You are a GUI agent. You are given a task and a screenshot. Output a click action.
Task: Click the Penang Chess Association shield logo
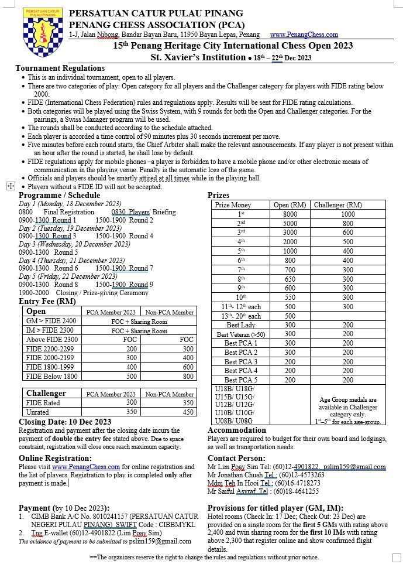[x=34, y=33]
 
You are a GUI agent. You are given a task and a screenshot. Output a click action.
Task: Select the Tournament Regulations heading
[x=60, y=69]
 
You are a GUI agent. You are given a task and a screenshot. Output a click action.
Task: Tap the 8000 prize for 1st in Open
[x=290, y=214]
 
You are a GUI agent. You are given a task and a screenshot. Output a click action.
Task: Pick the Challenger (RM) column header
[x=337, y=205]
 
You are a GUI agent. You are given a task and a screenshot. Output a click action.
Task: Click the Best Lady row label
[x=240, y=325]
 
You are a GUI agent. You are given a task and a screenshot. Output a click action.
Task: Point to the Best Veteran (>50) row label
[x=240, y=334]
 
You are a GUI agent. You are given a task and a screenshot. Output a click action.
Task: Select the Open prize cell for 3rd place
[x=290, y=233]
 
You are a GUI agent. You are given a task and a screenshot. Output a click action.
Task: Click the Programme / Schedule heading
[x=59, y=195]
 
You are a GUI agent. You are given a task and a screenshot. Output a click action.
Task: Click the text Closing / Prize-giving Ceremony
[x=102, y=292]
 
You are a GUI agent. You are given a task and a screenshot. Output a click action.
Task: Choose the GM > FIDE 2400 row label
[x=51, y=321]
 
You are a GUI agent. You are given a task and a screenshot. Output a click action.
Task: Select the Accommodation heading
[x=236, y=430]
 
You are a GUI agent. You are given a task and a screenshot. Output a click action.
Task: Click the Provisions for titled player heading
[x=275, y=508]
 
